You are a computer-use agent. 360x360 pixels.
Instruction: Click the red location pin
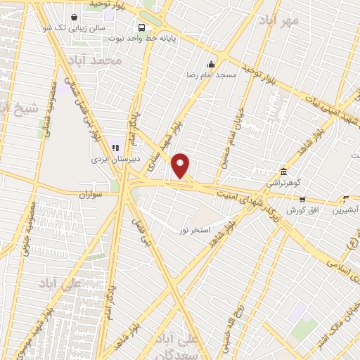pyautogui.click(x=181, y=165)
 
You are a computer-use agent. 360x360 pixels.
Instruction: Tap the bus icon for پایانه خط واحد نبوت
pyautogui.click(x=143, y=28)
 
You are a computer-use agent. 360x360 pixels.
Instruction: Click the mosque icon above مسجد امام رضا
pyautogui.click(x=210, y=64)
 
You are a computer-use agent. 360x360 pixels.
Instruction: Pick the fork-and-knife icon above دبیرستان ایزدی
pyautogui.click(x=115, y=148)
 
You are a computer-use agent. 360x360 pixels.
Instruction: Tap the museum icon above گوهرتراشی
pyautogui.click(x=283, y=172)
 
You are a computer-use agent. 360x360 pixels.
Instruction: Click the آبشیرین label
pyautogui.click(x=349, y=210)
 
